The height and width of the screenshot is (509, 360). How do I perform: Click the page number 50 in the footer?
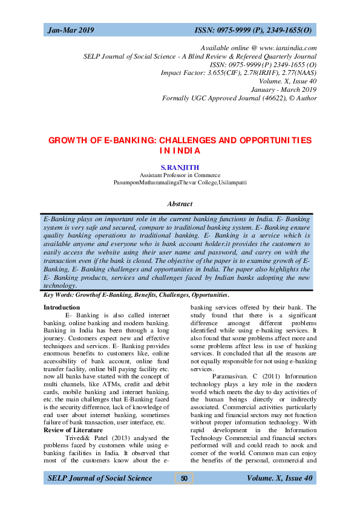point(184,479)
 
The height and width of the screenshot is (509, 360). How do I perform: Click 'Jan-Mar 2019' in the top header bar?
point(71,30)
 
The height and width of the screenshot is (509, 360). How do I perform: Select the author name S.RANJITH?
point(180,166)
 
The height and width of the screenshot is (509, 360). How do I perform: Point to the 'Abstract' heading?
point(180,204)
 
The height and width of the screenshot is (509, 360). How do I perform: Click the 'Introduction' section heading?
point(62,308)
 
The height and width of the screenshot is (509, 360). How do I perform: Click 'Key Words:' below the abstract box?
point(59,295)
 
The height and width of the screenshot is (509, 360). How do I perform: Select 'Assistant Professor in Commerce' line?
point(180,174)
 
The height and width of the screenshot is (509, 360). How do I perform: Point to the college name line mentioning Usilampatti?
point(180,181)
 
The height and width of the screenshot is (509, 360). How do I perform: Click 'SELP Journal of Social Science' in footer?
point(100,479)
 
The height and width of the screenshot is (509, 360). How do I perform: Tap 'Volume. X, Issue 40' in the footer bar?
point(280,479)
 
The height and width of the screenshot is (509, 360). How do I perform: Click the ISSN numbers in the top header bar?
point(253,30)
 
